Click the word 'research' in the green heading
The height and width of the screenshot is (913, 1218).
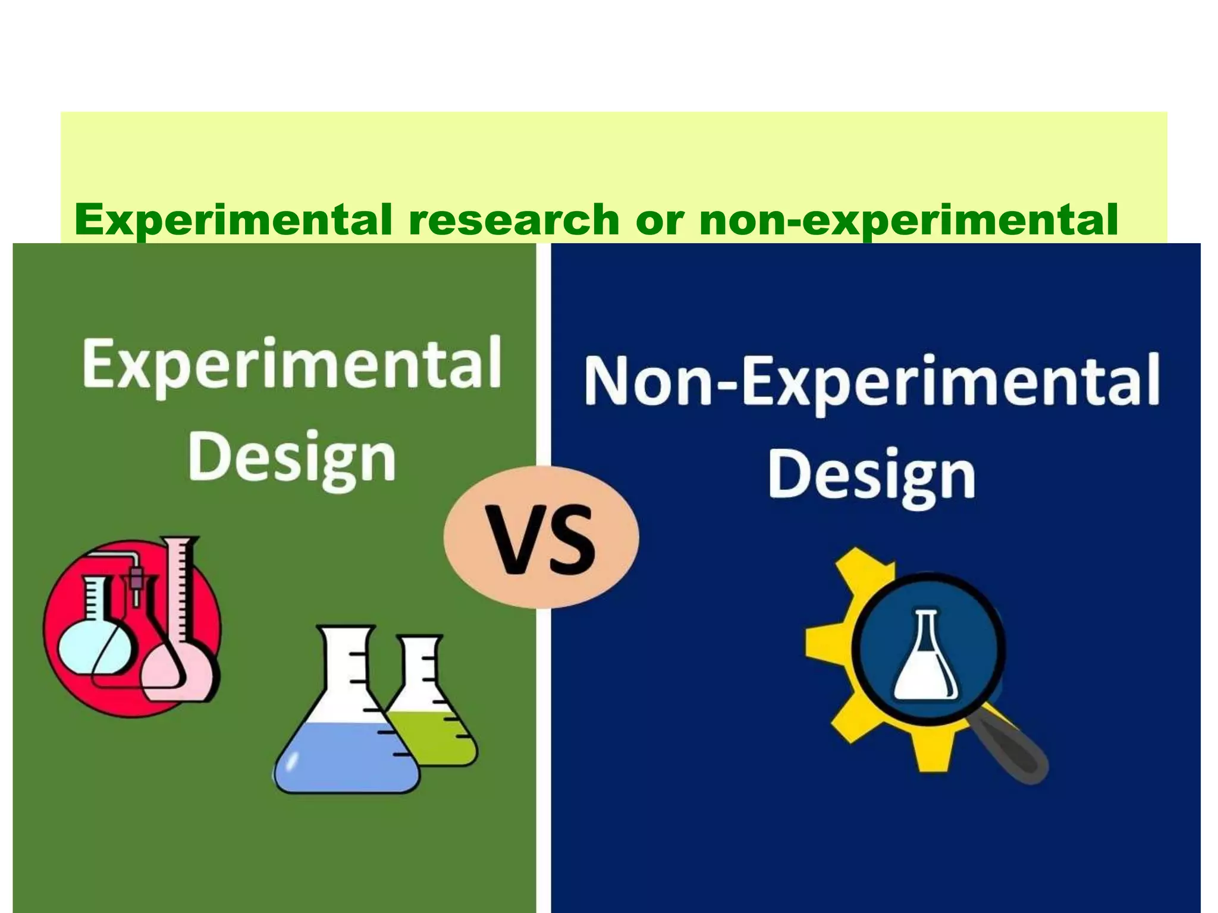[513, 219]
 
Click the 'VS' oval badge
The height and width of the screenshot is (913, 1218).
[541, 538]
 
